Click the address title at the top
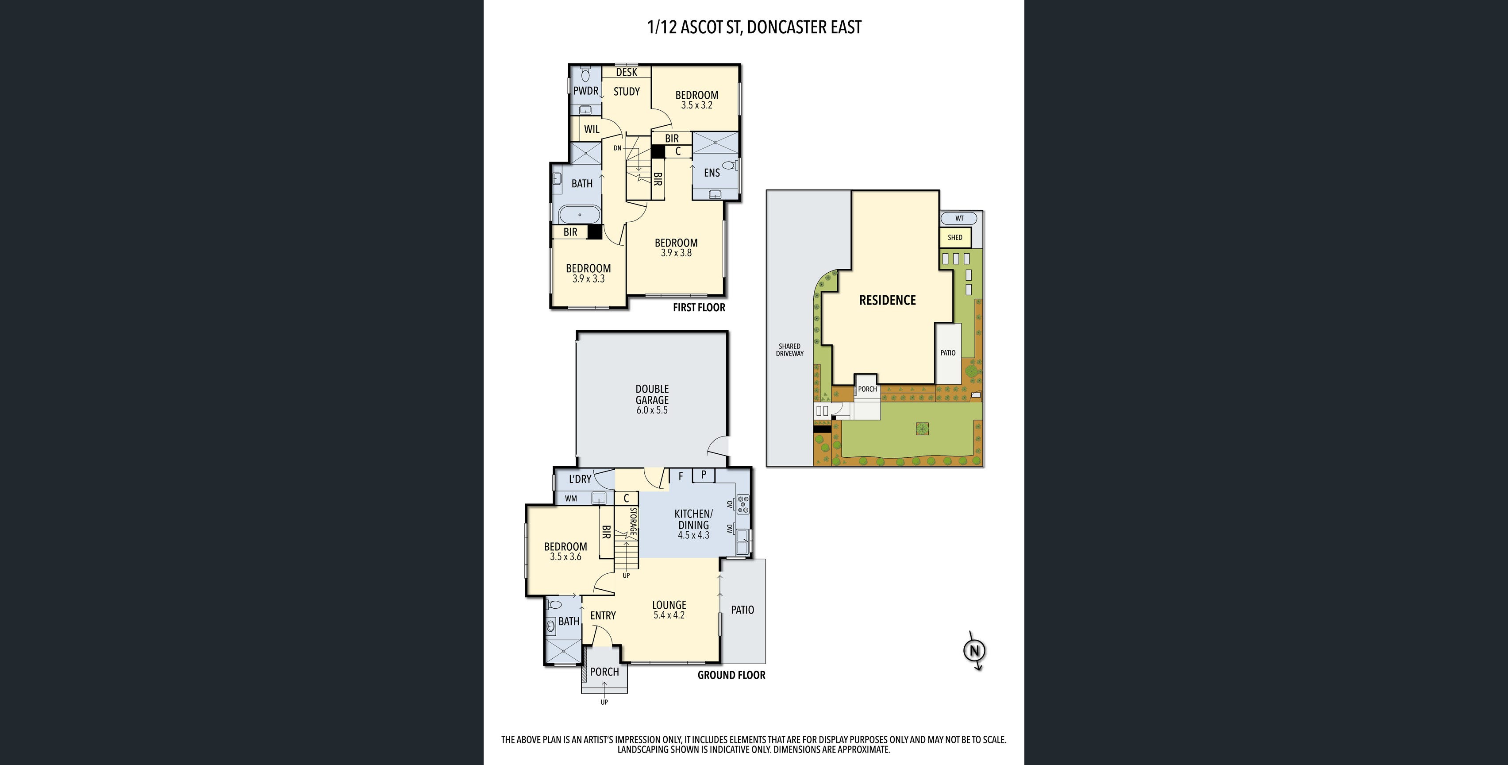pos(754,27)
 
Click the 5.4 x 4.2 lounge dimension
pos(669,615)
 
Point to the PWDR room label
pos(585,91)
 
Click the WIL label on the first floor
pos(591,129)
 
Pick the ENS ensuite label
pos(712,172)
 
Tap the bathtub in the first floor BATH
pos(580,215)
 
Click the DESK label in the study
pos(627,72)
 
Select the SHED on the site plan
pos(955,238)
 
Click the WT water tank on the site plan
pos(959,219)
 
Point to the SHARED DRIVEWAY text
pos(790,350)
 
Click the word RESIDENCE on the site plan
pos(887,300)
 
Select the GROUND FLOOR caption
pos(731,675)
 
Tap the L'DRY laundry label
pos(580,479)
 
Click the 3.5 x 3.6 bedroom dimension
pos(565,556)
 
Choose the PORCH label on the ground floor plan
pos(604,672)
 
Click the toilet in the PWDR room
pos(585,75)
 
